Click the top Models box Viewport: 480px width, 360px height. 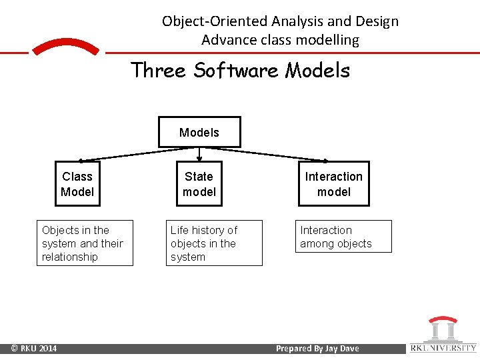click(199, 132)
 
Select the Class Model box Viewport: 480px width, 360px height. click(77, 184)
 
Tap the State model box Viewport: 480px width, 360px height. click(199, 184)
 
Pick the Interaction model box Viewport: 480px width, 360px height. click(333, 184)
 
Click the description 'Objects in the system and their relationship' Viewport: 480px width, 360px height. click(84, 243)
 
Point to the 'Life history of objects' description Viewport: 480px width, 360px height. click(214, 243)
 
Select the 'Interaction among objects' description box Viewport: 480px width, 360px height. click(344, 237)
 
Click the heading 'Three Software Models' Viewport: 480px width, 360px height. click(240, 70)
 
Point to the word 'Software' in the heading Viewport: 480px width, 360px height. click(236, 70)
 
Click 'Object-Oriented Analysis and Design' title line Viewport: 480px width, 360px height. click(280, 21)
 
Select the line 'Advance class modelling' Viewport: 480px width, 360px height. click(280, 40)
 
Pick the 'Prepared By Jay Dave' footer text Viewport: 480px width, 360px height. click(317, 349)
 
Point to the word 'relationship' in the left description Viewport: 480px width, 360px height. click(69, 257)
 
